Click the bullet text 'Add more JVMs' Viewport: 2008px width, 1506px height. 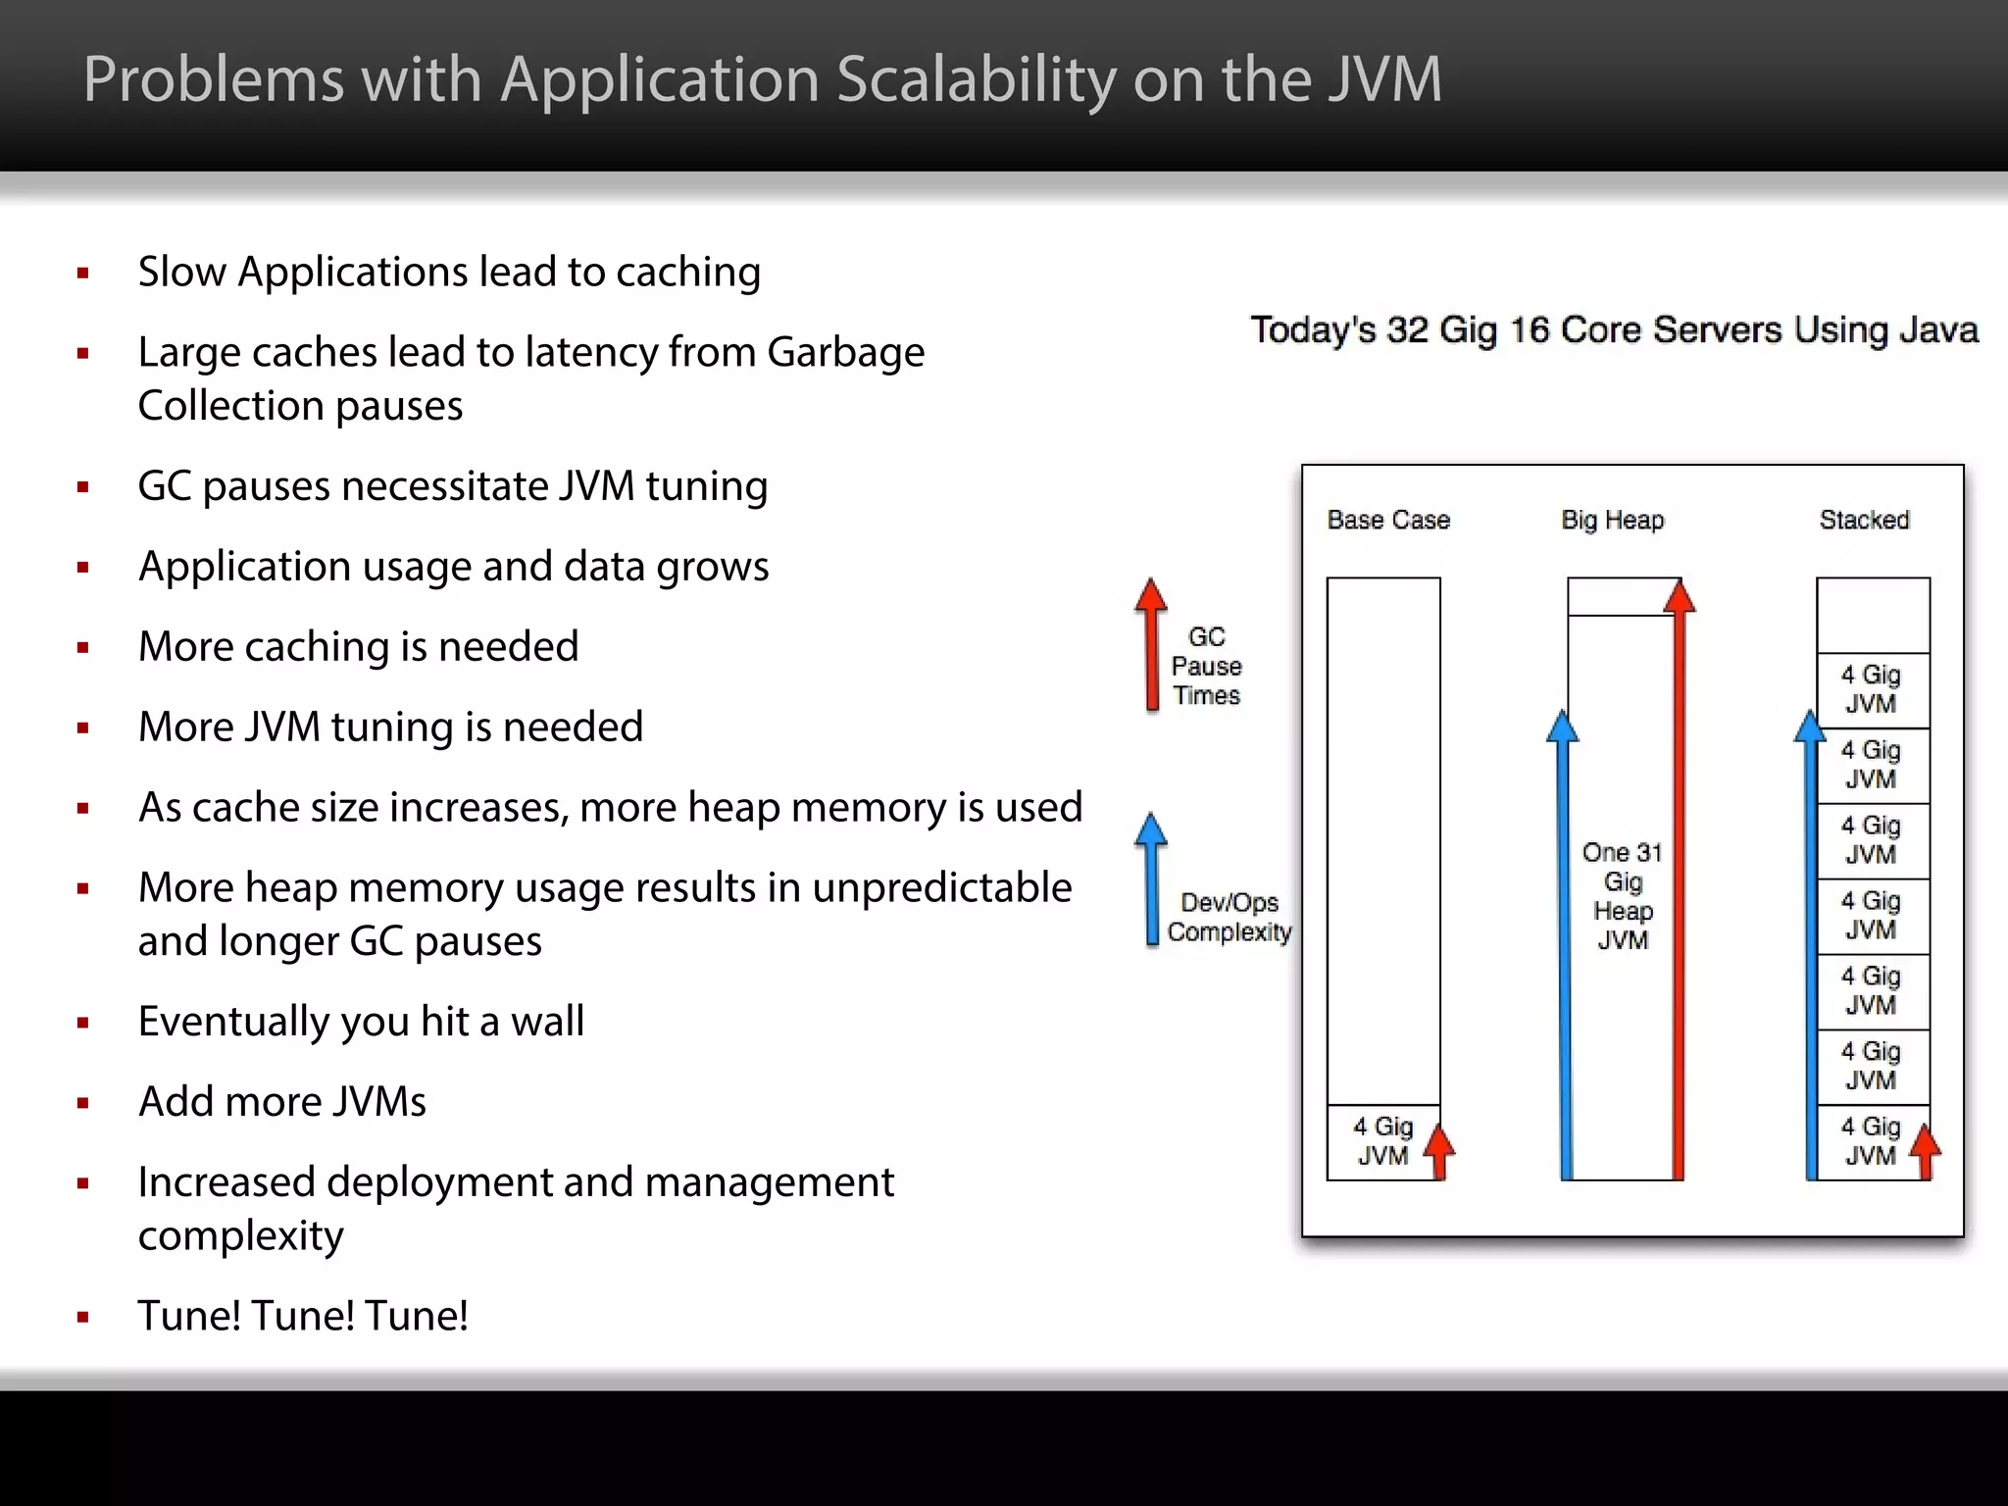click(282, 1102)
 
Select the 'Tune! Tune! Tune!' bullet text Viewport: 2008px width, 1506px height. click(303, 1316)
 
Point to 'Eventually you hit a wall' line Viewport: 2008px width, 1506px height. click(361, 1022)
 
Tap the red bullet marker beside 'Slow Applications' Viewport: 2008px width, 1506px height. click(83, 274)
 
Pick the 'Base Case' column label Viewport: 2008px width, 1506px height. click(1387, 520)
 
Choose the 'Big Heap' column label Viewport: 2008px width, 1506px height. click(1613, 520)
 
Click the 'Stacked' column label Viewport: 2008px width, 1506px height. click(1864, 520)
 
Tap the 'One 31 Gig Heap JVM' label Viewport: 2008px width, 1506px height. click(1623, 895)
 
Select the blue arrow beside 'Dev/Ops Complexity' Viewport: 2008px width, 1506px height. click(1151, 878)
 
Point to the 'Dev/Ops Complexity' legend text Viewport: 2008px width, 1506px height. click(1230, 917)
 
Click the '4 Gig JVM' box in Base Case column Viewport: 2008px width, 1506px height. click(1382, 1141)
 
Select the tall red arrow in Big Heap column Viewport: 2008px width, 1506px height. click(1680, 882)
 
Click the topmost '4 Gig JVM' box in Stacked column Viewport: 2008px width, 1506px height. click(1871, 689)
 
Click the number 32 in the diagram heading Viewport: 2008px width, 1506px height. click(1407, 330)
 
